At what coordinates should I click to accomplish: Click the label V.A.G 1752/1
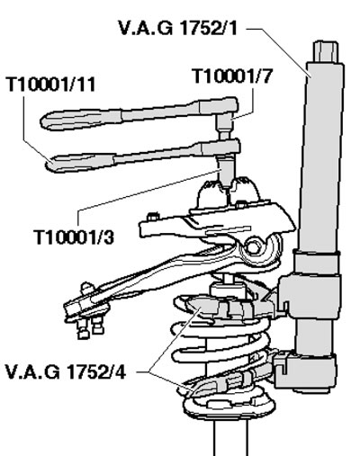tap(178, 28)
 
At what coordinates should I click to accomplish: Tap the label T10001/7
tap(232, 76)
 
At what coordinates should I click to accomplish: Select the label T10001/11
tap(50, 84)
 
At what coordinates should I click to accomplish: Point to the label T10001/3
tap(75, 237)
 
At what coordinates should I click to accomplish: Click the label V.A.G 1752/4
tap(66, 372)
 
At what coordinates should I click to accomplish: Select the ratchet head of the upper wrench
tap(219, 105)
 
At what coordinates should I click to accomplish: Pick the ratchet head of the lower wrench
tap(221, 148)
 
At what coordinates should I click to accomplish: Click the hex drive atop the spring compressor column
tap(326, 52)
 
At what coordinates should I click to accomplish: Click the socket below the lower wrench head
tap(226, 172)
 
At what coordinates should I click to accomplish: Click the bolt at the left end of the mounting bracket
tap(152, 217)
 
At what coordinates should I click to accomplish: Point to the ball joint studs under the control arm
tap(90, 326)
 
